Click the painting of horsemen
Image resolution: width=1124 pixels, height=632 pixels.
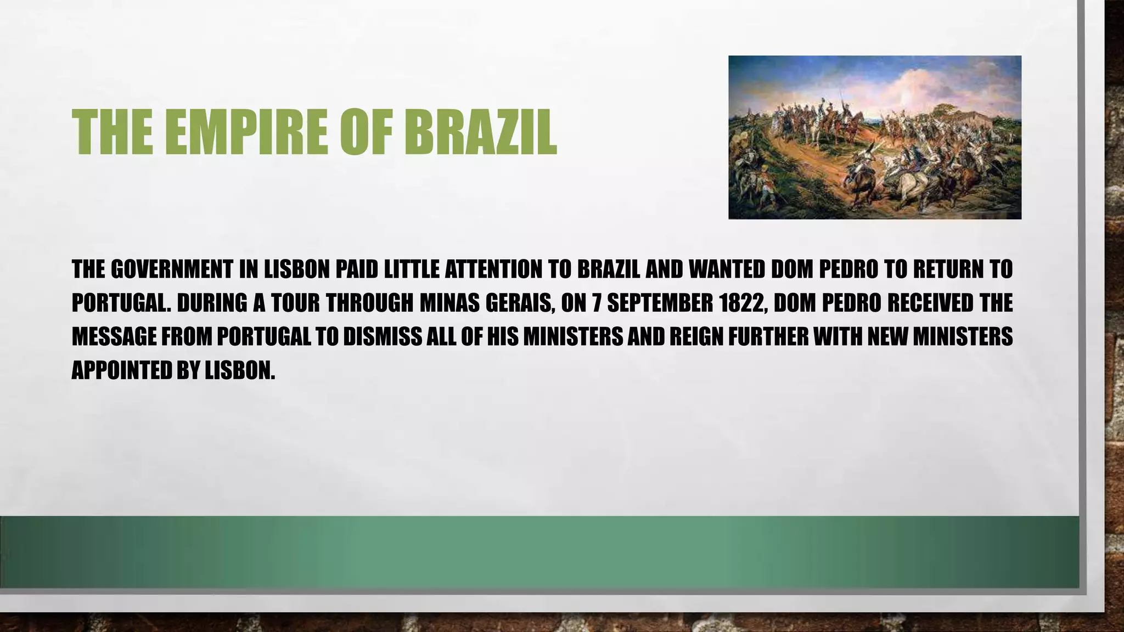(x=874, y=137)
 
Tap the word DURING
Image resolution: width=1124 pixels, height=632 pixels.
(x=211, y=303)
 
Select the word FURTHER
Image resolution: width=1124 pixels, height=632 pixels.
(x=768, y=336)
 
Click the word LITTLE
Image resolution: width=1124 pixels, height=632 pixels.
(x=407, y=269)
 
